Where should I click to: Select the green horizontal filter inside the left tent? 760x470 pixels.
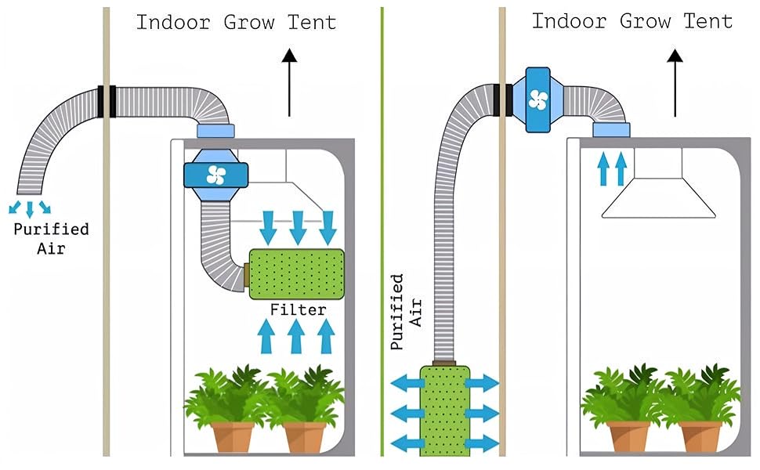click(297, 274)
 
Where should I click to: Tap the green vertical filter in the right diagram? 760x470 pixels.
click(443, 410)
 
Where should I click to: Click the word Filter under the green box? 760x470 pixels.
click(298, 310)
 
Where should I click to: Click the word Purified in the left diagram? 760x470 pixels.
click(51, 230)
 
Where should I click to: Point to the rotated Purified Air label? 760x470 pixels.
click(406, 311)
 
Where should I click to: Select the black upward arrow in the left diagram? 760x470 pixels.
click(289, 81)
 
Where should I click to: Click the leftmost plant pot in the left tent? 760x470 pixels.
click(233, 436)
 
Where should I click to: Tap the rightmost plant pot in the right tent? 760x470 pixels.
click(700, 436)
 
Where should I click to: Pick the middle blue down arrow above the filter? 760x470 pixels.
click(298, 227)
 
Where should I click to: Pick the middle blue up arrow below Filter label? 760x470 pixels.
click(296, 338)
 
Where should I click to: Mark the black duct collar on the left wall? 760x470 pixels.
click(106, 101)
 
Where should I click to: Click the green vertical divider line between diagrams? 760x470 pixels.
click(382, 235)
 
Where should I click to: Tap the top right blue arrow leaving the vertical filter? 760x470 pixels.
click(481, 384)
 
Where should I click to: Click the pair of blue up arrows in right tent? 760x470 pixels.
click(612, 168)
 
